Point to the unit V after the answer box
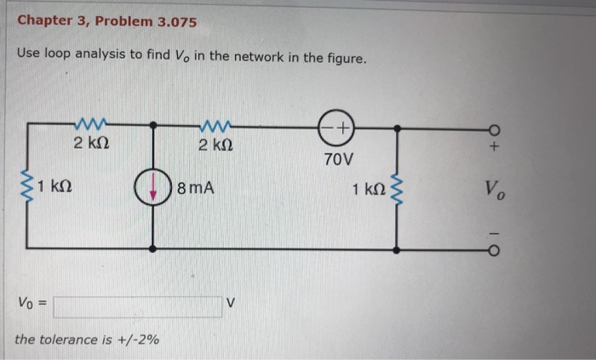coord(231,303)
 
